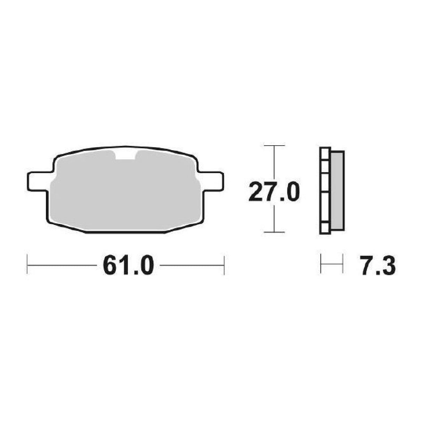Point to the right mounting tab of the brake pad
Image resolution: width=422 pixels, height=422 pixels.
(212, 181)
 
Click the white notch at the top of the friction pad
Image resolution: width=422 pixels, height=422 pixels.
(125, 155)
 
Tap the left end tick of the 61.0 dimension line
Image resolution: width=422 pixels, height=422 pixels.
(27, 266)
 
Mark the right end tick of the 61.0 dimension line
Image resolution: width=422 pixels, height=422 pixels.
(224, 266)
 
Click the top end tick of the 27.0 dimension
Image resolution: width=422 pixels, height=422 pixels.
(275, 145)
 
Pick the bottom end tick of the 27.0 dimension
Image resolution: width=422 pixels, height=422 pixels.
(275, 232)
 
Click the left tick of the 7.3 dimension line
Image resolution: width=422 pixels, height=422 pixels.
(321, 264)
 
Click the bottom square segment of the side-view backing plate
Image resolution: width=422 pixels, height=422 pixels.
(325, 228)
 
